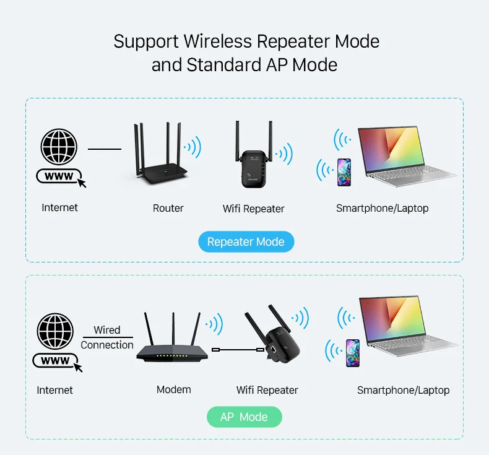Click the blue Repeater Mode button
point(246,241)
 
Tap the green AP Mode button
point(244,417)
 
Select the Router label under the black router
point(168,208)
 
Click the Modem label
point(174,389)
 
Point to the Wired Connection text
point(107,337)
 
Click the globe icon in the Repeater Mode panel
point(59,147)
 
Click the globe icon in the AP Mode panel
point(55,331)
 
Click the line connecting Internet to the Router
point(105,149)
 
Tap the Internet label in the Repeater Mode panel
point(60,207)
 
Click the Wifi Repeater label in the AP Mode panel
point(267,390)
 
